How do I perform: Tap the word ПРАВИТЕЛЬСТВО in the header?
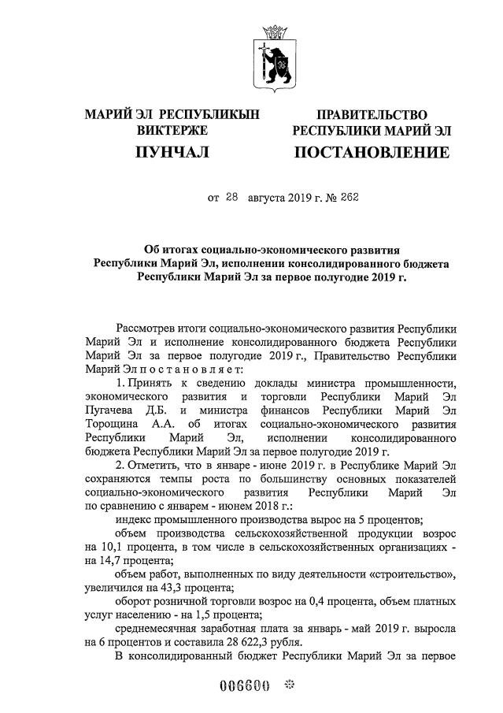point(372,116)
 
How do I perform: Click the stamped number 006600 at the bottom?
point(244,685)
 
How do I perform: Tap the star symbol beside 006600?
point(287,685)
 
